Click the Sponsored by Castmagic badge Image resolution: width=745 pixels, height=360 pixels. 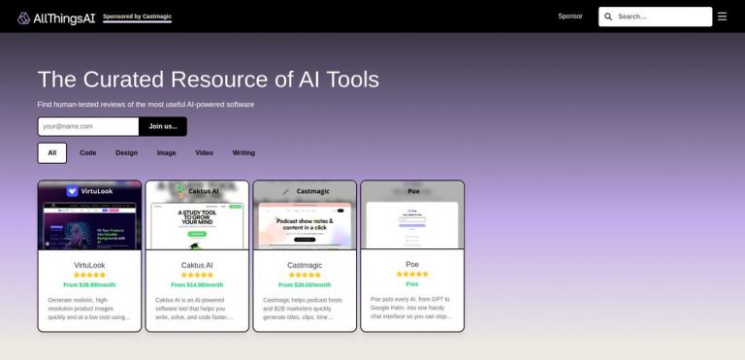click(x=137, y=16)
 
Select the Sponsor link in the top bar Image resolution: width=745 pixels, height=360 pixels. click(x=570, y=16)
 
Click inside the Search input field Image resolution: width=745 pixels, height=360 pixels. click(x=662, y=16)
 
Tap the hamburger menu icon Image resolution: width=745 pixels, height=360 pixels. click(x=722, y=16)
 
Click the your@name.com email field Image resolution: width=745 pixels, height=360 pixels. click(x=88, y=126)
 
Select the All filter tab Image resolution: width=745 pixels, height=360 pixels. click(x=52, y=152)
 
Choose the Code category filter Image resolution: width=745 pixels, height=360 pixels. click(x=87, y=152)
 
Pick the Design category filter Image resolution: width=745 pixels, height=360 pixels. click(x=126, y=152)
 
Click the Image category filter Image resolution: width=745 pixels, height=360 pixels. click(x=166, y=152)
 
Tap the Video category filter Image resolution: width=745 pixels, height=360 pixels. click(x=204, y=152)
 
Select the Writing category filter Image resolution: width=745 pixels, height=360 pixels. click(x=243, y=152)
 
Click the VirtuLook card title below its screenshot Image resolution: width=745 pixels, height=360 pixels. click(x=89, y=265)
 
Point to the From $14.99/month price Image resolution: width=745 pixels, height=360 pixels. click(x=197, y=285)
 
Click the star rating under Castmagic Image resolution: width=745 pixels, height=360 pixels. click(x=305, y=275)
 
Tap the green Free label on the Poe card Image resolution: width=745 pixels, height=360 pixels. click(x=412, y=284)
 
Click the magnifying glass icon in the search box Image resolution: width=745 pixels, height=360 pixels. click(x=608, y=16)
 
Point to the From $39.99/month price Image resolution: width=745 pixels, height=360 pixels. click(x=89, y=285)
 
